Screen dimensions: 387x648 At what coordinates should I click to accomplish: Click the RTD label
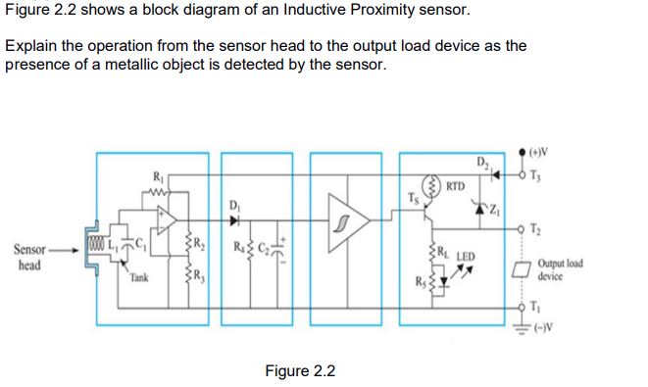(x=455, y=184)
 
